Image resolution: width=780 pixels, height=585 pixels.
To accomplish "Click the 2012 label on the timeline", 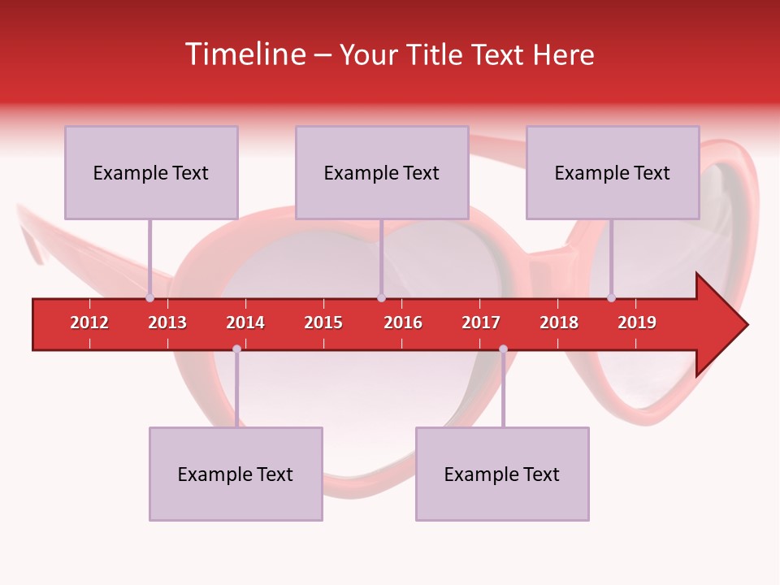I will tap(89, 323).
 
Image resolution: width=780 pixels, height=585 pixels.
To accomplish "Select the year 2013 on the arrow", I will tap(167, 323).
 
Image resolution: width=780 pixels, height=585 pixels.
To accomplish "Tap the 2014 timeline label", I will tap(245, 323).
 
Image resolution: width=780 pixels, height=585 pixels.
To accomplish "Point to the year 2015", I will tap(323, 323).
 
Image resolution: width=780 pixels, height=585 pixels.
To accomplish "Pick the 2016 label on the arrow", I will tap(403, 323).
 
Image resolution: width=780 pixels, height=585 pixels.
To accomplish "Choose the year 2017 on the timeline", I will tap(481, 323).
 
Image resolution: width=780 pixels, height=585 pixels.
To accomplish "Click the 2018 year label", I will tap(559, 323).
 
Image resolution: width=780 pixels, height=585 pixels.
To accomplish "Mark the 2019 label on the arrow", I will tap(637, 323).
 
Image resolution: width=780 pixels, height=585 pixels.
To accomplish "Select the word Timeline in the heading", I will tap(244, 54).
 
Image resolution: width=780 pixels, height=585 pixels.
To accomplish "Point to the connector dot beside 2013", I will tap(150, 297).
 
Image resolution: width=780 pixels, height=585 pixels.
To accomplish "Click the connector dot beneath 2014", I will tap(236, 349).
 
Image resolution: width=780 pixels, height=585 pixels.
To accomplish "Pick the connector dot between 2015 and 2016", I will tap(381, 297).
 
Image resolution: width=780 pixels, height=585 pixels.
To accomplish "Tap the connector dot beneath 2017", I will tap(503, 349).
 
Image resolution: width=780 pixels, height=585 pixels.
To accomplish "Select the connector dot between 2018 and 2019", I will tap(612, 297).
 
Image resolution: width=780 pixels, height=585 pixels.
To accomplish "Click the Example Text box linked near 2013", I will tap(151, 172).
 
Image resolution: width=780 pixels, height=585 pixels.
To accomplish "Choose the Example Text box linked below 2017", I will tap(502, 474).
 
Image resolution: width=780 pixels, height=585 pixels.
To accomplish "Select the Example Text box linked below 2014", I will tap(236, 474).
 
